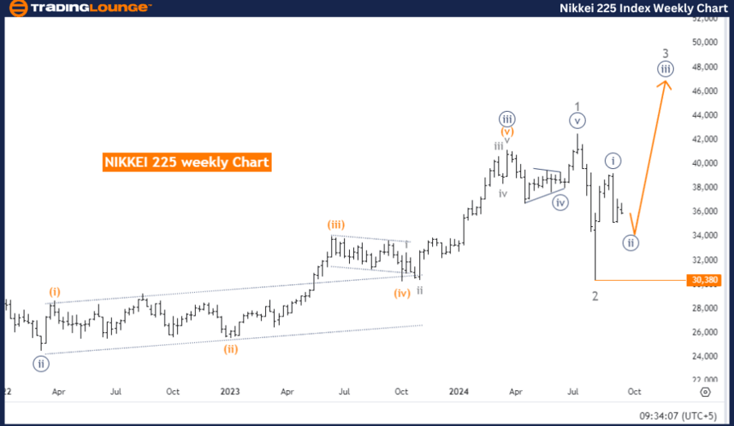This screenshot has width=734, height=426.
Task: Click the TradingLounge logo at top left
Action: pyautogui.click(x=78, y=8)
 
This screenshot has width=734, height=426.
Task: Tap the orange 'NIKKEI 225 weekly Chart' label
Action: pyautogui.click(x=187, y=162)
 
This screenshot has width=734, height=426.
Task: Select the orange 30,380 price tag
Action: pyautogui.click(x=704, y=280)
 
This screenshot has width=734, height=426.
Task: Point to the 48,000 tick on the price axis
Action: pyautogui.click(x=705, y=67)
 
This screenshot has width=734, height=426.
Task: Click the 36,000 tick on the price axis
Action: pyautogui.click(x=705, y=211)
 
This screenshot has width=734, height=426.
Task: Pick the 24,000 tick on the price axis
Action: pyautogui.click(x=705, y=356)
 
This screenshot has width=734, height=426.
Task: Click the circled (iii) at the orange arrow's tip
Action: pyautogui.click(x=666, y=69)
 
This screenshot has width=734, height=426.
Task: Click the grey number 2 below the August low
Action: pyautogui.click(x=595, y=296)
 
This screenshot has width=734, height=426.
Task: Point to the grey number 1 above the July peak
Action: pyautogui.click(x=577, y=106)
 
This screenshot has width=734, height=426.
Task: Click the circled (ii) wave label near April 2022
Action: pyautogui.click(x=39, y=363)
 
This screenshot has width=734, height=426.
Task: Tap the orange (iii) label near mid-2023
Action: pyautogui.click(x=337, y=224)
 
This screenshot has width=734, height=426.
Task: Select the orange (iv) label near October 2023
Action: pyautogui.click(x=401, y=293)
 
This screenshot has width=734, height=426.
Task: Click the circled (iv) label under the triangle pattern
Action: pyautogui.click(x=559, y=203)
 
